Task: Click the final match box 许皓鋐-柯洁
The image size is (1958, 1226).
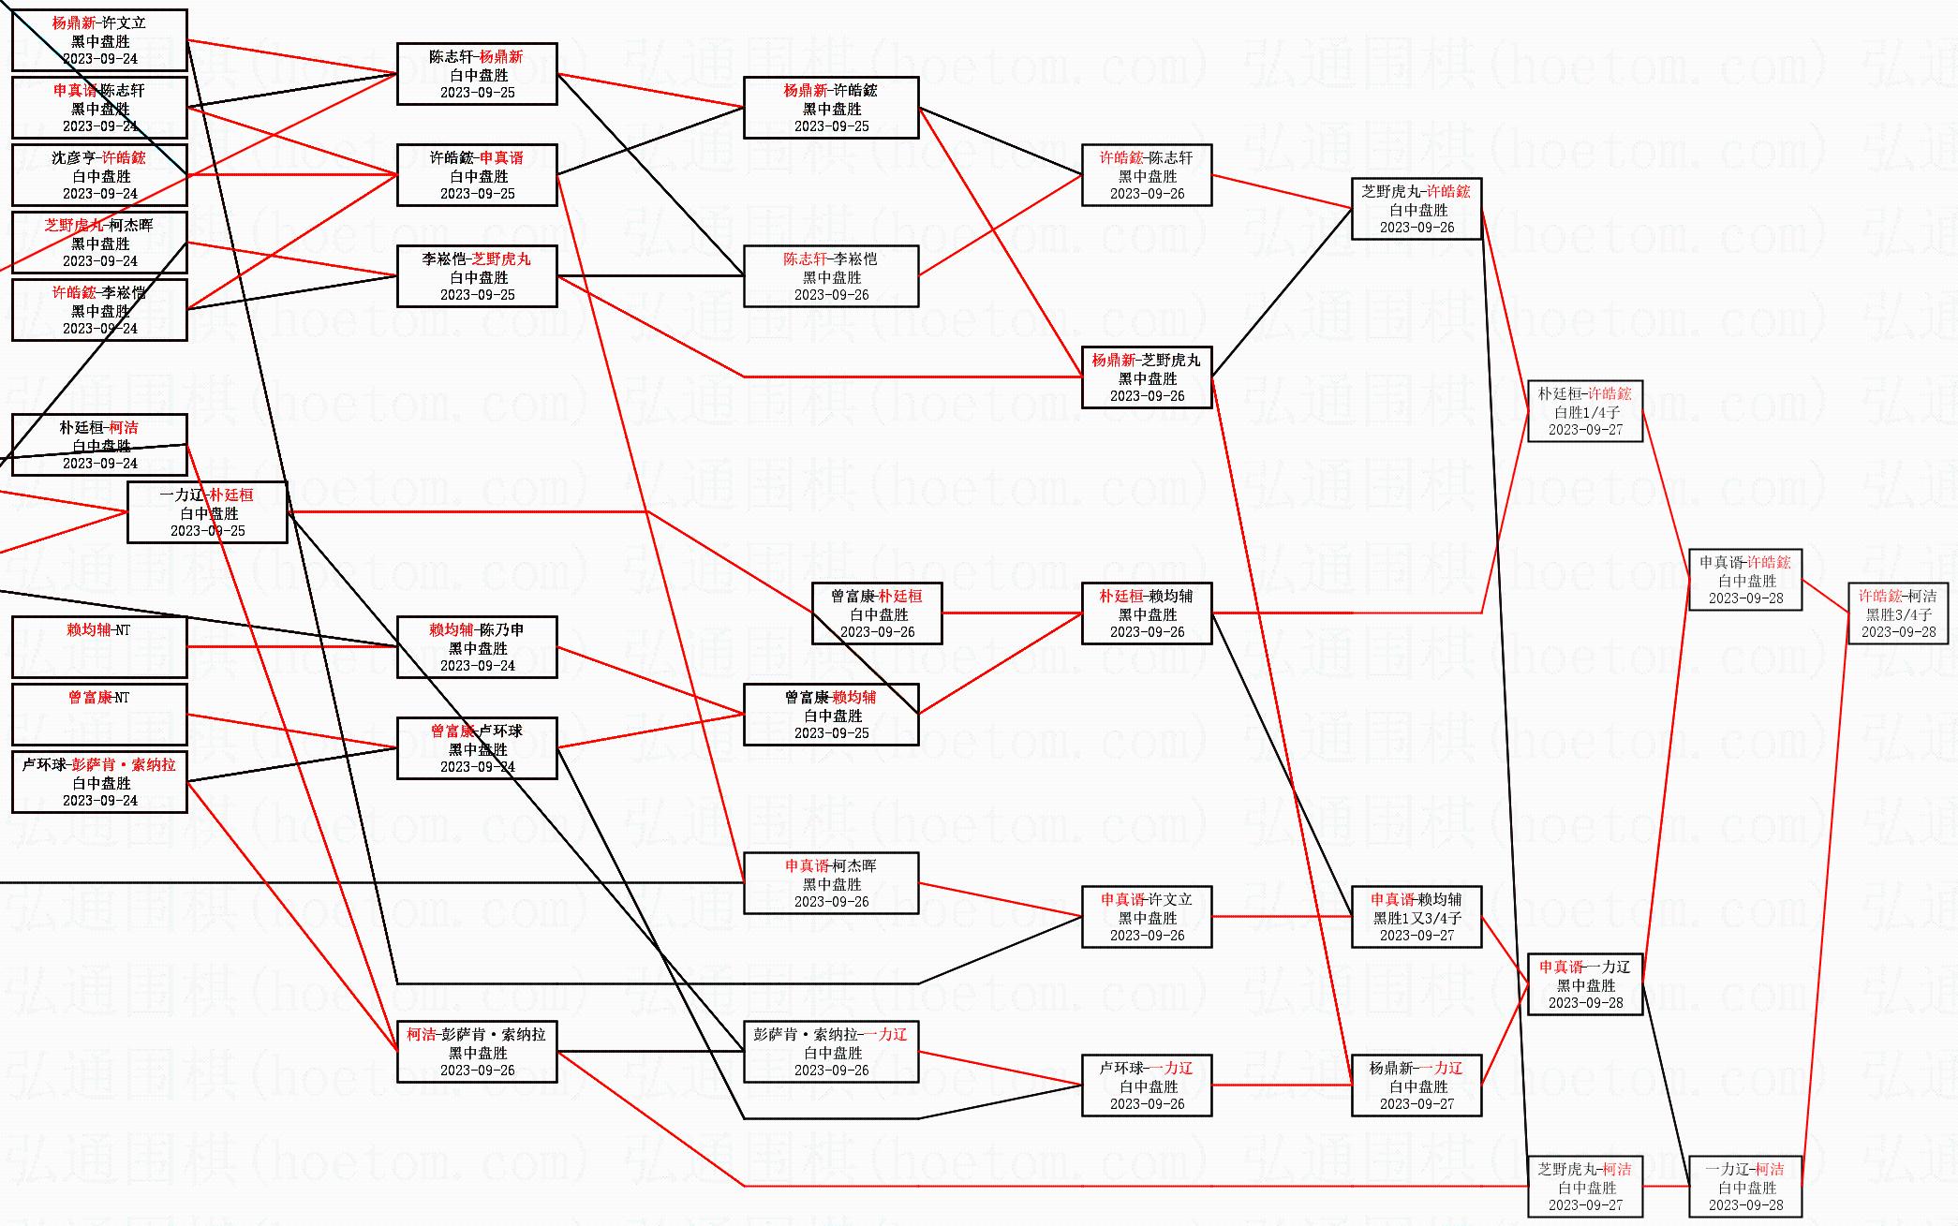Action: click(x=1897, y=613)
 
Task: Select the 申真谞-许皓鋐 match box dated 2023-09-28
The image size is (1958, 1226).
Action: click(x=1744, y=580)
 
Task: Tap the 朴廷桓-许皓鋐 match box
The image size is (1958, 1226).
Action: click(x=1584, y=411)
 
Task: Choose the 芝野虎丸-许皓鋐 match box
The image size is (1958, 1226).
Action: click(x=1416, y=209)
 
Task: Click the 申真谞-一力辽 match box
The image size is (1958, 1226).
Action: click(x=1584, y=984)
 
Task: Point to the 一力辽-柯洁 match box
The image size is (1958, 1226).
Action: click(x=1744, y=1187)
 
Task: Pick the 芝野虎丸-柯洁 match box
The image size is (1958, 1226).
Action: click(x=1584, y=1187)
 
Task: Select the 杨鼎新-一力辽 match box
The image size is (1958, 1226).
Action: click(x=1416, y=1086)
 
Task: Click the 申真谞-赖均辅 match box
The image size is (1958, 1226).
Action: click(x=1416, y=917)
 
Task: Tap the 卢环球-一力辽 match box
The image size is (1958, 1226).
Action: click(x=1147, y=1086)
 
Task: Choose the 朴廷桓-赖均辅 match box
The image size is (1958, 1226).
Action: click(x=1147, y=613)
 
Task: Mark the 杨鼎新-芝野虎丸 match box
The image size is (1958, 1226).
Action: click(x=1147, y=377)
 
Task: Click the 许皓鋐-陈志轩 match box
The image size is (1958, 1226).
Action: click(x=1147, y=175)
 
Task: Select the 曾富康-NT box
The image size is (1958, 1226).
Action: click(x=99, y=715)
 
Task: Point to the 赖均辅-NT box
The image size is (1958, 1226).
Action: click(x=99, y=647)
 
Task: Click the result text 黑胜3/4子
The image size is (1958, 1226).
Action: click(x=1898, y=614)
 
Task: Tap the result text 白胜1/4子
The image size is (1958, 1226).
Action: click(x=1586, y=412)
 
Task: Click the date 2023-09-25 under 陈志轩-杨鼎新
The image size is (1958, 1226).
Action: click(x=478, y=93)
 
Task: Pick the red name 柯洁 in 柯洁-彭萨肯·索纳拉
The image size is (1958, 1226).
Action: click(x=422, y=1035)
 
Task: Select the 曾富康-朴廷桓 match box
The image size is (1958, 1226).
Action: click(x=877, y=613)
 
